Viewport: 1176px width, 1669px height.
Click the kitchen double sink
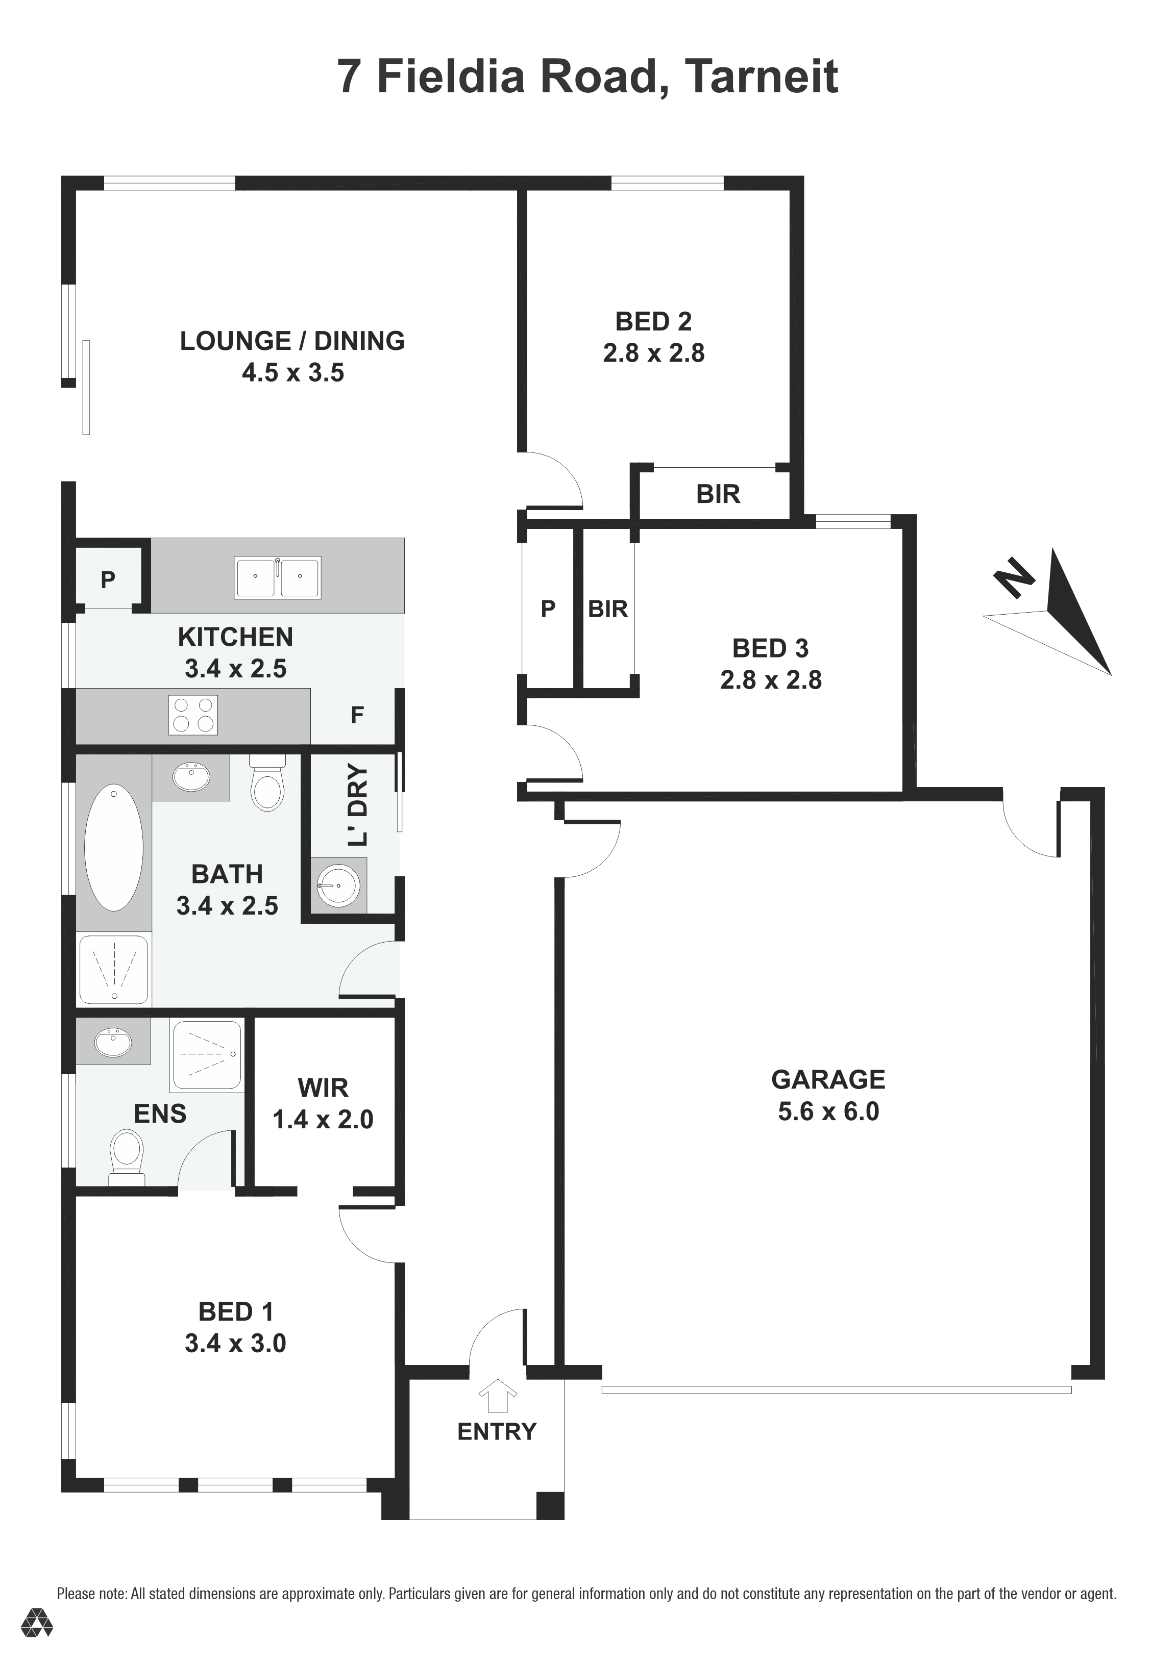point(277,577)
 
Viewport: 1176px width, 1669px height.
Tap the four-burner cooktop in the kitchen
point(193,715)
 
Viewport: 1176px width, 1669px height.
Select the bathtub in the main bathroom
point(113,847)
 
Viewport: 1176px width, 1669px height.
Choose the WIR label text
point(323,1088)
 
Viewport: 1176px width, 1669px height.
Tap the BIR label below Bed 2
point(718,494)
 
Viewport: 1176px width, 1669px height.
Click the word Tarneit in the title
point(762,77)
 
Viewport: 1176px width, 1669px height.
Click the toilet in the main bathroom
point(267,783)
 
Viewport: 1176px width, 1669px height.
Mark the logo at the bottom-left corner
point(36,1643)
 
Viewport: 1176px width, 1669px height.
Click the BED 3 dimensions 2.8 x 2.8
point(771,679)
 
